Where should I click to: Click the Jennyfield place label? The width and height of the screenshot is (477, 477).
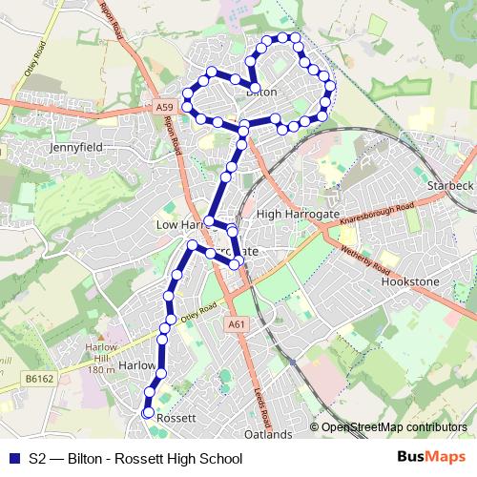click(x=75, y=149)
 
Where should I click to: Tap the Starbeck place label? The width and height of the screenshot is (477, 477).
click(x=450, y=184)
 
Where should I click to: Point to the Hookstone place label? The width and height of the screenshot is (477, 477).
click(x=410, y=283)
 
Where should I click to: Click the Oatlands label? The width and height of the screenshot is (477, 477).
click(x=267, y=434)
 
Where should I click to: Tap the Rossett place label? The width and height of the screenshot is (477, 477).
click(x=176, y=418)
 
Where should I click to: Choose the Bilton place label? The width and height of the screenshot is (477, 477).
click(x=261, y=93)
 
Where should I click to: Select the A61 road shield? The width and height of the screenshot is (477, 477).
click(x=237, y=325)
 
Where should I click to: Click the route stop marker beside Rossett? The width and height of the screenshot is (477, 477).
click(x=147, y=413)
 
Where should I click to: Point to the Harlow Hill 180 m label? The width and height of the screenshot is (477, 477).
click(x=101, y=357)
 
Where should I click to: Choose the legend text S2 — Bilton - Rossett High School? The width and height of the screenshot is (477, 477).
click(x=135, y=459)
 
